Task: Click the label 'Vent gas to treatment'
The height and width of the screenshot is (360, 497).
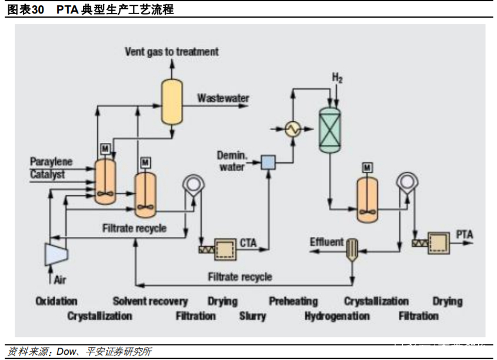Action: point(171,52)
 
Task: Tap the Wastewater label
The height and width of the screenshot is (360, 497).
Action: point(223,98)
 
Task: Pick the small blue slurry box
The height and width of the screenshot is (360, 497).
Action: point(268,161)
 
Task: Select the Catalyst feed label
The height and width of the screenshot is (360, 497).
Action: point(48,174)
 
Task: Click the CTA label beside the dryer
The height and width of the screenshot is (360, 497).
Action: point(248,241)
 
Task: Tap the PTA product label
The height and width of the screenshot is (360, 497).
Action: point(464,235)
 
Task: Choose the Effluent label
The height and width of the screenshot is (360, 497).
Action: point(326,242)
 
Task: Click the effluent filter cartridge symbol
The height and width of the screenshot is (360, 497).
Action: point(352,250)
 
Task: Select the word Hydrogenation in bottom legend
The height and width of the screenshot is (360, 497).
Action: point(337,316)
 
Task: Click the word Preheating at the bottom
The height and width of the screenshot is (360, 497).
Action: point(293,301)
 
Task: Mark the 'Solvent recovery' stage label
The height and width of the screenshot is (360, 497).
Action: point(150,301)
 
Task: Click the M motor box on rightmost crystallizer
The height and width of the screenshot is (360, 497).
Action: point(367,168)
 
